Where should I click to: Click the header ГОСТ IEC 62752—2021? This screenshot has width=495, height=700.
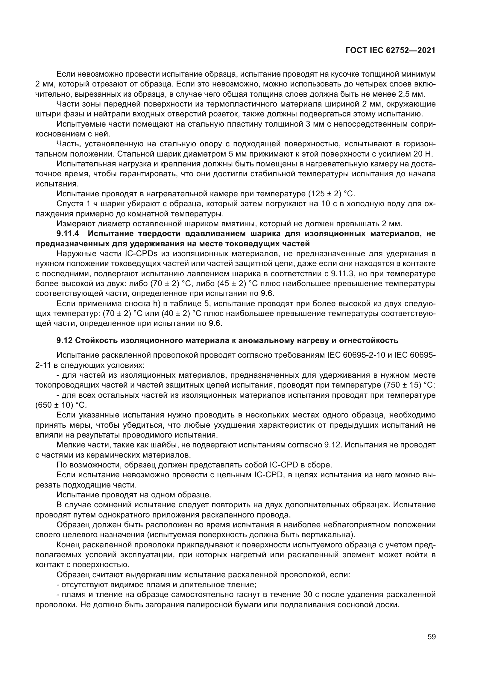tap(391, 50)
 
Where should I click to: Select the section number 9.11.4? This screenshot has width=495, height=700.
tap(68, 234)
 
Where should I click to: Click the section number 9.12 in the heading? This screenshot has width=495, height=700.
tap(64, 340)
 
